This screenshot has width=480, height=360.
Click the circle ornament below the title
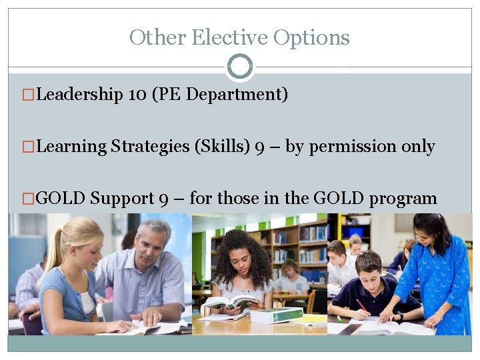pos(240,67)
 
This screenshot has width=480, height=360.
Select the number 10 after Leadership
pos(137,95)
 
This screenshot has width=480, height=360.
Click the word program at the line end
pos(403,199)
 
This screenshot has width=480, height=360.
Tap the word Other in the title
pos(157,37)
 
